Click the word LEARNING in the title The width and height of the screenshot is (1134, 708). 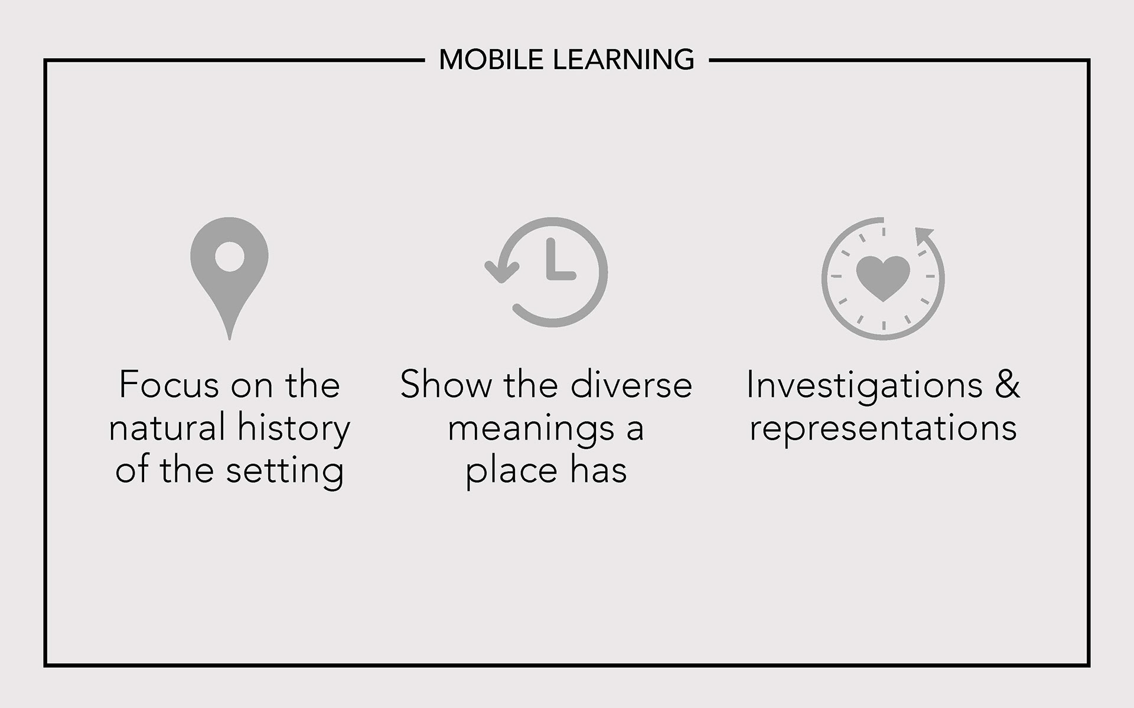(x=623, y=60)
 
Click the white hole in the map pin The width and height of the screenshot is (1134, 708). (x=230, y=257)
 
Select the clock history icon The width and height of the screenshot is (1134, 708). (x=546, y=272)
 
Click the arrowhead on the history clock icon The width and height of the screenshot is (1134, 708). (x=501, y=272)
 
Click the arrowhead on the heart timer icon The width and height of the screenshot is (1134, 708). (x=924, y=235)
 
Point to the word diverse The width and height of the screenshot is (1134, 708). (x=631, y=385)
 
